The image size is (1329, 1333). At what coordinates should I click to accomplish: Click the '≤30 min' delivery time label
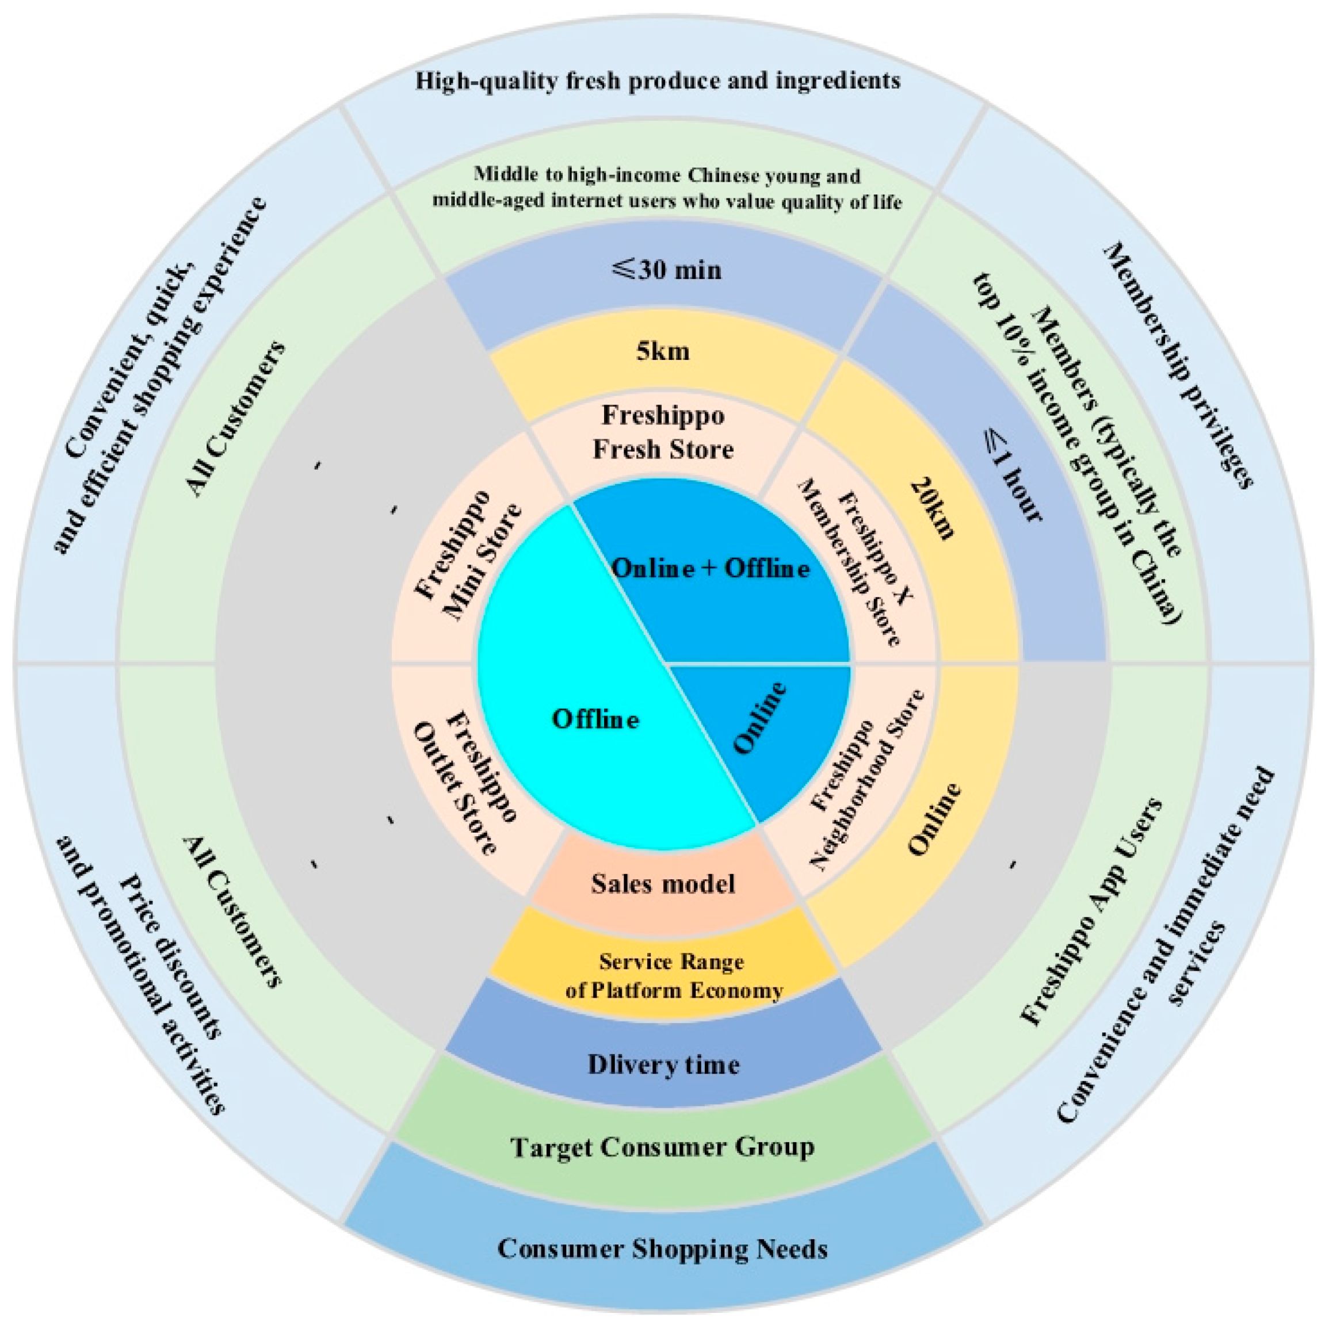666,269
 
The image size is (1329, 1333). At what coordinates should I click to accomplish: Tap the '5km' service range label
663,351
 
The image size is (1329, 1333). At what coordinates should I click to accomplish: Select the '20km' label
933,508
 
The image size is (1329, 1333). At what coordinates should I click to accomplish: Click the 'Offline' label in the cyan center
595,719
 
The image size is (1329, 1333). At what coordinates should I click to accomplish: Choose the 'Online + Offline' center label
711,569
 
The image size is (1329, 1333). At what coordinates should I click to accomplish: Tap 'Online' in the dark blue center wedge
760,718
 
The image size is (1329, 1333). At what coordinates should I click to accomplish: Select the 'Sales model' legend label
663,884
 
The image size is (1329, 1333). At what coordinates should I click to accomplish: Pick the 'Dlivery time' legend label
663,1064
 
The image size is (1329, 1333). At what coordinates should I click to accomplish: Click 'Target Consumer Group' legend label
663,1147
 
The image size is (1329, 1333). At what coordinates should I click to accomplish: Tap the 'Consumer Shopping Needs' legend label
663,1249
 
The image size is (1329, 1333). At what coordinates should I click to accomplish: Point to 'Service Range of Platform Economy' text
673,976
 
